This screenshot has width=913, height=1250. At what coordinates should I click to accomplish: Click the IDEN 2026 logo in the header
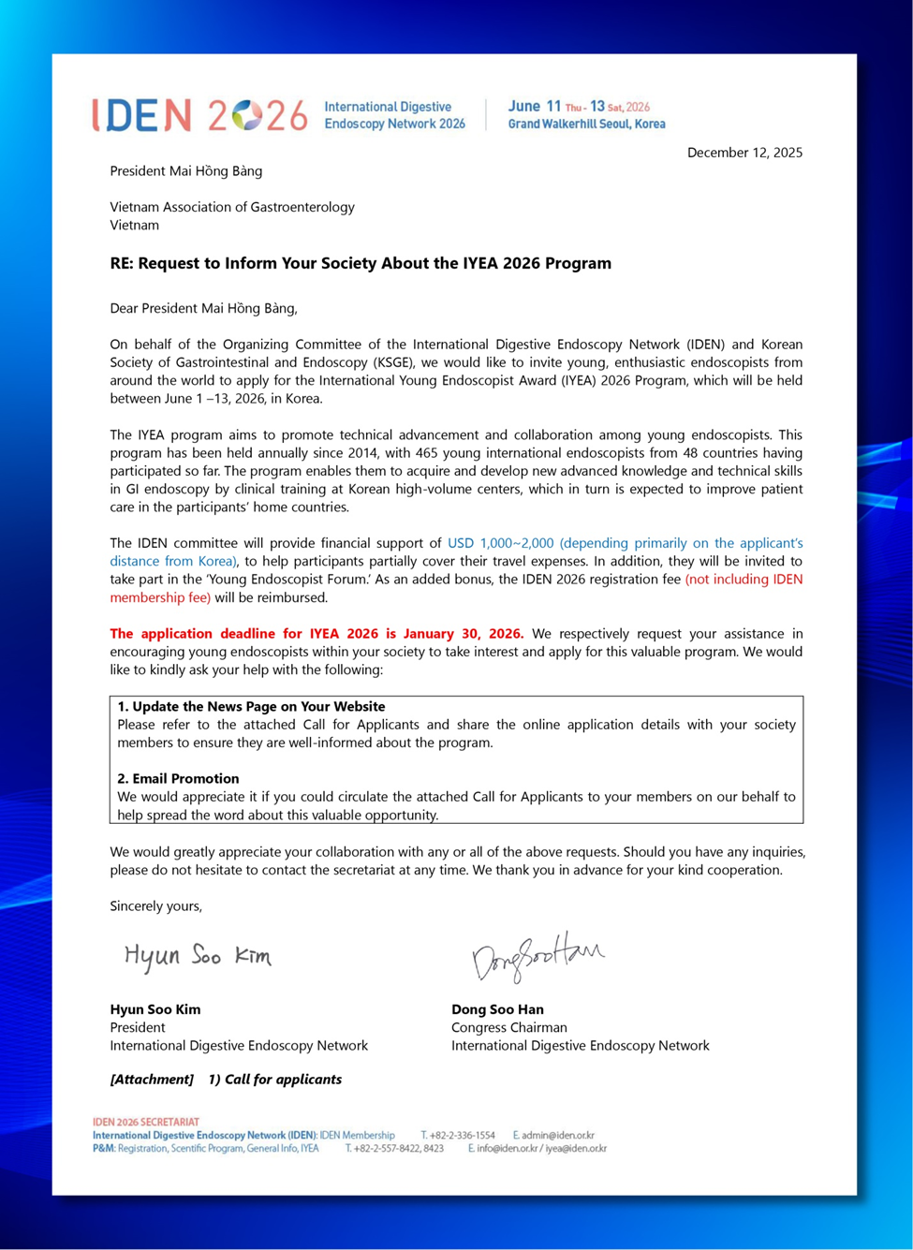199,115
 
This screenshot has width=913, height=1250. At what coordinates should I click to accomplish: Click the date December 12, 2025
744,153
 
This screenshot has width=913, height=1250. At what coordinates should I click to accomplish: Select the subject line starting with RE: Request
361,263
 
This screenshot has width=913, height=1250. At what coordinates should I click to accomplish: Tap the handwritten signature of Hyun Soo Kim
198,956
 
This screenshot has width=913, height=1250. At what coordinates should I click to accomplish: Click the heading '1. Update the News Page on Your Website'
251,706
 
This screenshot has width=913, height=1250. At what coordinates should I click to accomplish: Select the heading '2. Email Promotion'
178,778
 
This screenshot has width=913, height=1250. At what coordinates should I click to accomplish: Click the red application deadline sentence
317,634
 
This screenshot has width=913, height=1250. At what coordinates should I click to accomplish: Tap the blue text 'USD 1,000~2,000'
501,543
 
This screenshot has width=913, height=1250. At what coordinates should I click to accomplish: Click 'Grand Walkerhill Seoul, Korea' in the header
587,124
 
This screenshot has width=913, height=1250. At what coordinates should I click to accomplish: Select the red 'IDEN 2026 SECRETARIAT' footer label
145,1122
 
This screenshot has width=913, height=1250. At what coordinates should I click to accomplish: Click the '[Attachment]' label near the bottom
152,1080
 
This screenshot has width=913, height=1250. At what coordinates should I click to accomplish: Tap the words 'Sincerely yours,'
155,906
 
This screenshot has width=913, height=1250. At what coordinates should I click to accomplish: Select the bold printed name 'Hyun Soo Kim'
155,1009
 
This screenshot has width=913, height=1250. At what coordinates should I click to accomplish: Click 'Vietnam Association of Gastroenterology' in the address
232,207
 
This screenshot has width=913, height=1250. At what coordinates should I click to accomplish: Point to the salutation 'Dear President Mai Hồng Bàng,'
203,308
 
